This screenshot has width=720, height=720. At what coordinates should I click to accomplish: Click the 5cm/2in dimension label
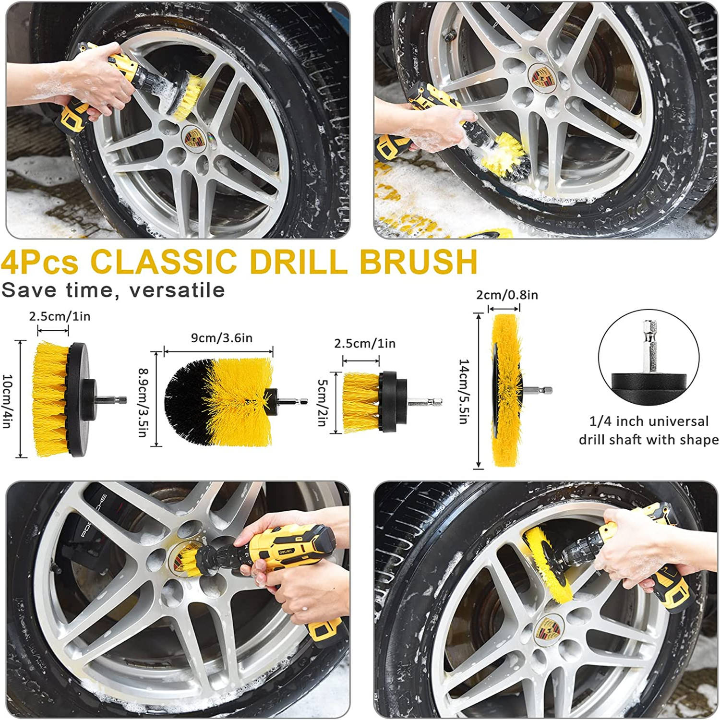[322, 402]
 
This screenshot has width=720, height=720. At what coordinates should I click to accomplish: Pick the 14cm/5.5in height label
[463, 391]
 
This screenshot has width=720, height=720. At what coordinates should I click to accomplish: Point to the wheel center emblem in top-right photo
[541, 76]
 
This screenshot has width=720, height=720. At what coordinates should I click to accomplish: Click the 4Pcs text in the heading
[39, 262]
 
